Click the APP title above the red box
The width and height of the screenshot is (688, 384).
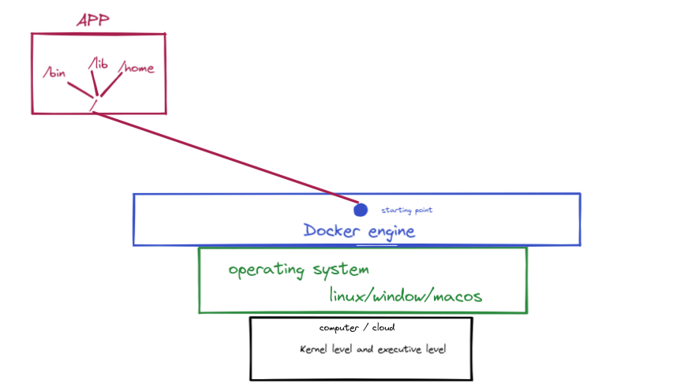click(93, 21)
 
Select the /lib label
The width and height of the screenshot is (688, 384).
click(98, 63)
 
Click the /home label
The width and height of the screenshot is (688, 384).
click(136, 69)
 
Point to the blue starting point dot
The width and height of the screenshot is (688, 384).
click(361, 210)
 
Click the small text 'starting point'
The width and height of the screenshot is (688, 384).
click(407, 211)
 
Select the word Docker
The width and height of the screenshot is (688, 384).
click(331, 231)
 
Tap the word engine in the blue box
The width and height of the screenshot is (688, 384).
click(388, 232)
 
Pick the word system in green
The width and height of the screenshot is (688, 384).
click(338, 270)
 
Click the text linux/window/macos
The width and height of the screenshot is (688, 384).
click(406, 296)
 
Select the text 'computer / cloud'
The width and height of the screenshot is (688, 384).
click(357, 328)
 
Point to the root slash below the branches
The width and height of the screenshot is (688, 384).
click(93, 104)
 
